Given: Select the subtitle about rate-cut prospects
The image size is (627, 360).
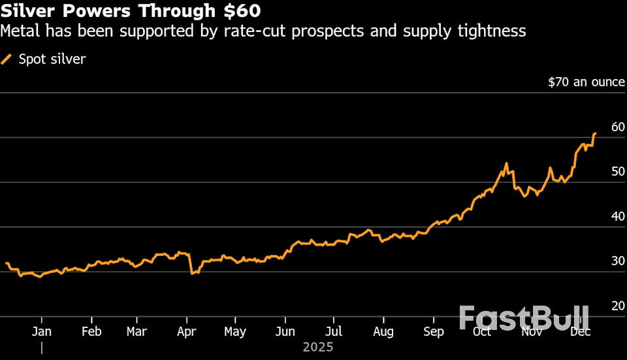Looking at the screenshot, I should click(x=263, y=31).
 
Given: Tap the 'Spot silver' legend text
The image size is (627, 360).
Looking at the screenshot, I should click(x=52, y=59).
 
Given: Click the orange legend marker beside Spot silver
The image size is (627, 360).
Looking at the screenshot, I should click(x=7, y=59).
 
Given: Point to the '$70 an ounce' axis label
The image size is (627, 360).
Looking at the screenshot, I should click(x=586, y=82).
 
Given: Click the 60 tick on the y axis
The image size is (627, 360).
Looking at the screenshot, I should click(x=618, y=127).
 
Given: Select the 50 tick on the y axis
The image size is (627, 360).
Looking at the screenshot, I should click(x=618, y=172).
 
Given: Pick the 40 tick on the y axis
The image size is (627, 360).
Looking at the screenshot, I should click(x=618, y=216).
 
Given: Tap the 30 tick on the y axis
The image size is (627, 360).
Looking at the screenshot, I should click(x=618, y=261).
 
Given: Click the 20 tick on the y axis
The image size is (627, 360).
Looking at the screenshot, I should click(x=618, y=306).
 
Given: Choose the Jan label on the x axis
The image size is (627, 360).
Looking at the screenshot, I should click(x=42, y=332).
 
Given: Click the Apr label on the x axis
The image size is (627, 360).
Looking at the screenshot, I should click(x=187, y=332).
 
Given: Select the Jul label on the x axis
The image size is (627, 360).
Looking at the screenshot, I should click(x=334, y=332).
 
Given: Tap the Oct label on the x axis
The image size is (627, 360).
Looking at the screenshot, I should click(x=482, y=332).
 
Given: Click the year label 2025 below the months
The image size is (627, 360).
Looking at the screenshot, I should click(x=318, y=347).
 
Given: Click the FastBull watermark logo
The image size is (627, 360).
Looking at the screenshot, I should click(x=524, y=318).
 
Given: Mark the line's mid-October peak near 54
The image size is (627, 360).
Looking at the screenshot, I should click(x=506, y=163).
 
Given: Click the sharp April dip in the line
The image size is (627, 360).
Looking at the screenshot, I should click(x=191, y=273).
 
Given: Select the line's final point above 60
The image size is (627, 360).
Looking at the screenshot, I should click(x=595, y=133).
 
